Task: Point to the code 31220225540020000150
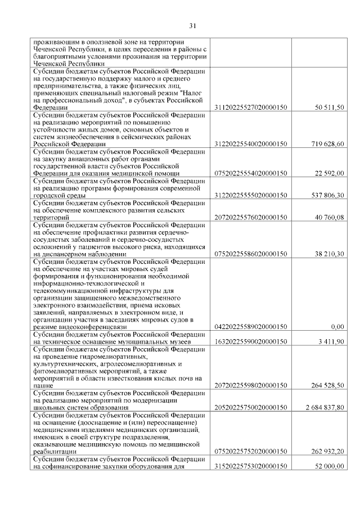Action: tap(251, 144)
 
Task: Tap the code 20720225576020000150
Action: tap(251, 217)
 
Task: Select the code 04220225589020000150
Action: tap(251, 327)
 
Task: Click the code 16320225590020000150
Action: tap(251, 341)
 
